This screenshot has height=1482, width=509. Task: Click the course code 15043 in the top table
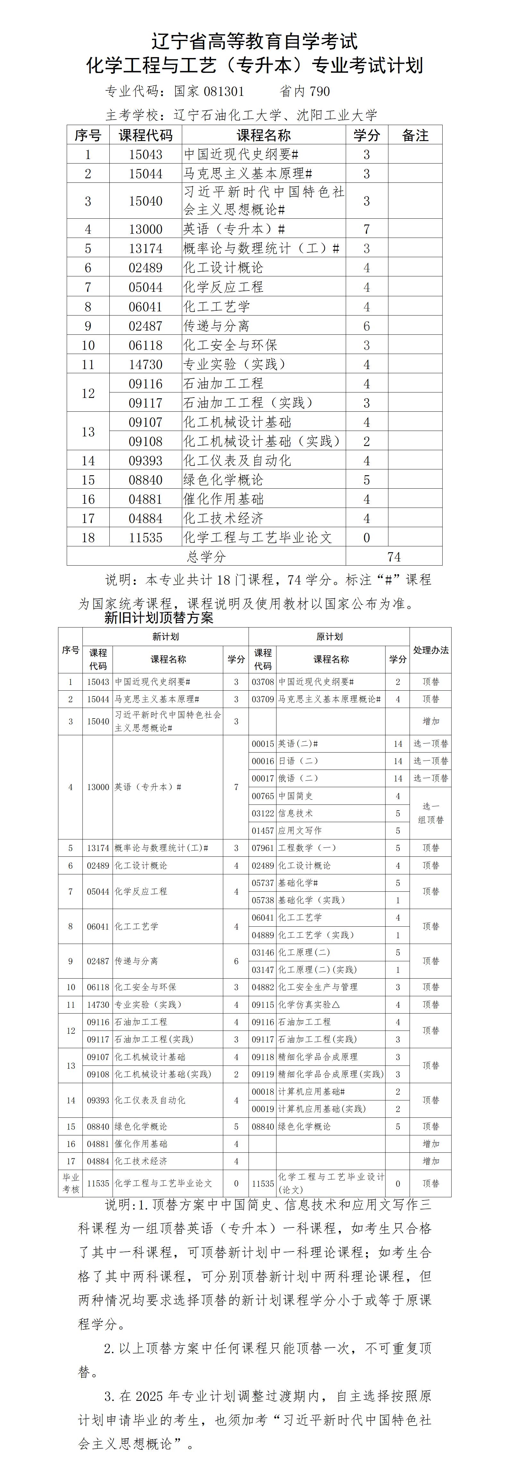coord(146,154)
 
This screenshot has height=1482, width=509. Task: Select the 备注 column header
coord(415,135)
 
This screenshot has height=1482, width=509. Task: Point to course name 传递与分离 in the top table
coord(216,326)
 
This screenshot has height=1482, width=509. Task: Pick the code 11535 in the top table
coord(146,537)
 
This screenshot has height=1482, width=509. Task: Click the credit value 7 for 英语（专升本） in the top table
coord(366,229)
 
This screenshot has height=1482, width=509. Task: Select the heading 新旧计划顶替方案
coord(158,618)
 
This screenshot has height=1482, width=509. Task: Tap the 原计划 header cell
coord(329,636)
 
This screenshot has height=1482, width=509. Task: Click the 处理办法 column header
coord(431,650)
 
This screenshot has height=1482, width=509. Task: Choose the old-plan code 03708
coord(263,682)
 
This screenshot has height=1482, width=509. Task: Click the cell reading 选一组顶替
coord(431,813)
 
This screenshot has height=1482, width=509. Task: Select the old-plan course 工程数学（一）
coord(308,847)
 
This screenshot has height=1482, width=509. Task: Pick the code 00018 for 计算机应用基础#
coord(263,1091)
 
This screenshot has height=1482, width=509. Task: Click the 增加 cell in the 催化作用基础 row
coord(431,1144)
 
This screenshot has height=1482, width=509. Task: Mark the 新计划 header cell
coord(166,636)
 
